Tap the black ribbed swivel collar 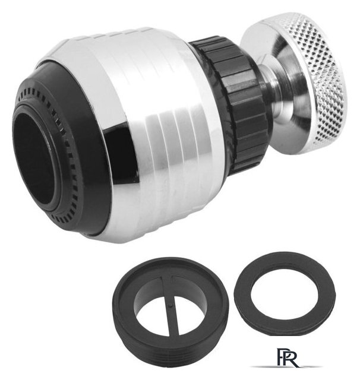click(x=233, y=102)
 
